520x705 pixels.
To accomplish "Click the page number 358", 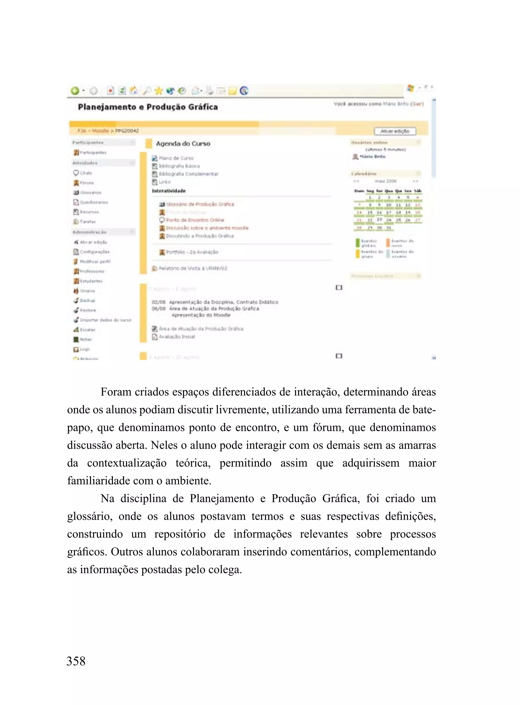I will pos(76,661).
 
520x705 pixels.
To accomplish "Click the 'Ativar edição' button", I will pos(395,131).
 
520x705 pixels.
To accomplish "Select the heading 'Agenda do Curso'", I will pos(183,144).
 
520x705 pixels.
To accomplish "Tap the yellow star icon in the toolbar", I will pos(158,91).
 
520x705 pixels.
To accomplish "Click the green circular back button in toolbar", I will pos(75,91).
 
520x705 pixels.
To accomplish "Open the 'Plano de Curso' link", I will pos(176,158).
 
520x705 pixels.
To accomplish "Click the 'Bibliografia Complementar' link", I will pos(188,174).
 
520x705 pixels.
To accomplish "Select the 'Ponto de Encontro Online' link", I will pos(195,220).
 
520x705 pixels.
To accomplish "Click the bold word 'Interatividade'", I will pos(169,191).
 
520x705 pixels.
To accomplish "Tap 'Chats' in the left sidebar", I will pos(86,173).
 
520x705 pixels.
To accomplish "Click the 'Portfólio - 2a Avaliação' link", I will pos(192,252).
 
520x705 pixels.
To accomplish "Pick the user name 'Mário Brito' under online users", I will pos(372,156).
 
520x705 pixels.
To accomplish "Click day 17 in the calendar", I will pos(389,213).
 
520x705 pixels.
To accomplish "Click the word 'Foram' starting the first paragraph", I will pos(116,392).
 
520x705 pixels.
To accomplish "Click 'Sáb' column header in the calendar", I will pos(417,191).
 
